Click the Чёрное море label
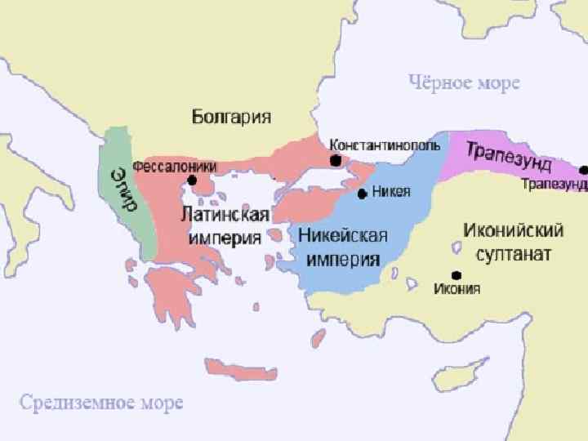[464, 82]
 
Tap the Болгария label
[231, 117]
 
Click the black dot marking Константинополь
[335, 162]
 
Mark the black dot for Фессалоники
[192, 180]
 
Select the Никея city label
[390, 192]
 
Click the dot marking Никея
[363, 194]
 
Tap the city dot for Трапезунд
[584, 170]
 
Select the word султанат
[506, 253]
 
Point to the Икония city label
[457, 288]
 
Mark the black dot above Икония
[456, 275]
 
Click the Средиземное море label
[101, 403]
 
